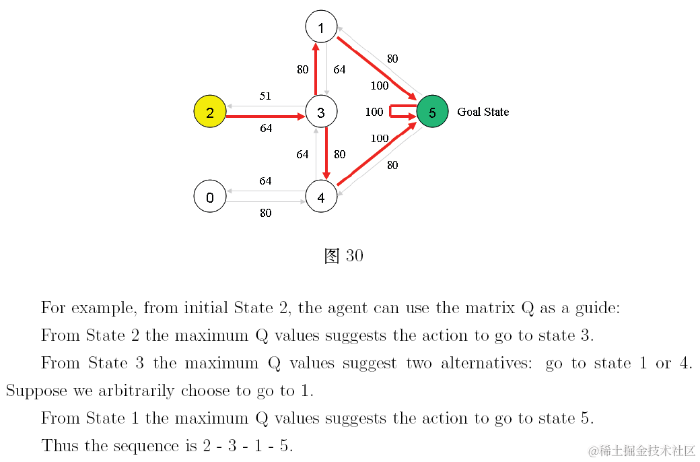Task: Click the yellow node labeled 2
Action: coord(210,112)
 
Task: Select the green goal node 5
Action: coord(432,112)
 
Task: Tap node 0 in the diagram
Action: coord(210,197)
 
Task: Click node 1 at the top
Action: coord(321,28)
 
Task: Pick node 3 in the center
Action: coord(321,112)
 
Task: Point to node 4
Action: coord(321,197)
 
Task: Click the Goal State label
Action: coord(483,112)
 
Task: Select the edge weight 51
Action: coord(265,96)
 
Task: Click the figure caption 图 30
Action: coord(343,256)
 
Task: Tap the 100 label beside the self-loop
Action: coord(374,112)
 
